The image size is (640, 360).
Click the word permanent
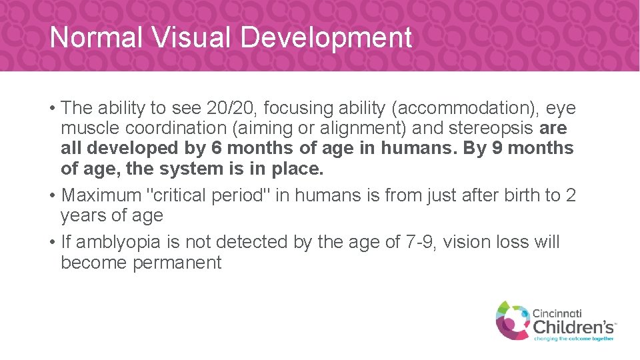177,263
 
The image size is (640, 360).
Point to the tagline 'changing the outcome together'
573,339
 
